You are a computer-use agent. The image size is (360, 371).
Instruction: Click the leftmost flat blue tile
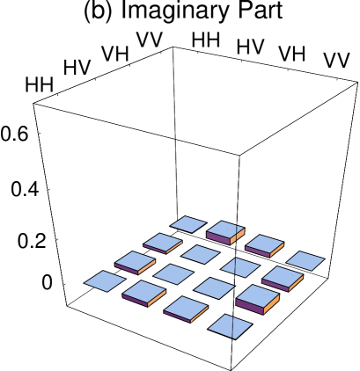pyautogui.click(x=105, y=281)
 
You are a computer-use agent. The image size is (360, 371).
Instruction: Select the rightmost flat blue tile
pyautogui.click(x=305, y=260)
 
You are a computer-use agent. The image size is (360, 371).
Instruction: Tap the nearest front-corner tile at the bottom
pyautogui.click(x=230, y=326)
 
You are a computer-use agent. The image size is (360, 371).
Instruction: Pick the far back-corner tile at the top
pyautogui.click(x=188, y=224)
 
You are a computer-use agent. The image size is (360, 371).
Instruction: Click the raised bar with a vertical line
pyautogui.click(x=225, y=231)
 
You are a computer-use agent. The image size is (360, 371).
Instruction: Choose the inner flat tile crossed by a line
pyautogui.click(x=240, y=266)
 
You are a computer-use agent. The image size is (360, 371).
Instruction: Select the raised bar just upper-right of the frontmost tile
pyautogui.click(x=257, y=298)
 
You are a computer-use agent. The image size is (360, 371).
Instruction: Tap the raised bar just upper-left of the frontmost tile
pyautogui.click(x=186, y=308)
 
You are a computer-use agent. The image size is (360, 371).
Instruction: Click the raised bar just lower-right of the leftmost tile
pyautogui.click(x=144, y=292)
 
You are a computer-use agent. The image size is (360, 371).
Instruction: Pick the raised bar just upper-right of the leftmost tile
pyautogui.click(x=135, y=261)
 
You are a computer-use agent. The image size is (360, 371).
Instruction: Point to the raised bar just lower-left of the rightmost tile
pyautogui.click(x=283, y=278)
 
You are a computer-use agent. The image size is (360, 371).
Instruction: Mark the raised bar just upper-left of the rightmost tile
pyautogui.click(x=264, y=244)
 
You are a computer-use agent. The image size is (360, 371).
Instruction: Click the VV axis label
pyautogui.click(x=336, y=61)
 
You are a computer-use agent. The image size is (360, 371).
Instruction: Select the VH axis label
pyautogui.click(x=291, y=54)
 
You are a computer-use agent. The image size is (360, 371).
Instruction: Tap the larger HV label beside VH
pyautogui.click(x=250, y=47)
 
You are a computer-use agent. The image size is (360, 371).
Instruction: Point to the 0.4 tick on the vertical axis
pyautogui.click(x=26, y=191)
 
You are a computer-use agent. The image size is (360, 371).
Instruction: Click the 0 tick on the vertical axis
pyautogui.click(x=47, y=284)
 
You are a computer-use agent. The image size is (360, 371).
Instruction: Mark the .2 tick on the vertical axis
pyautogui.click(x=38, y=243)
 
